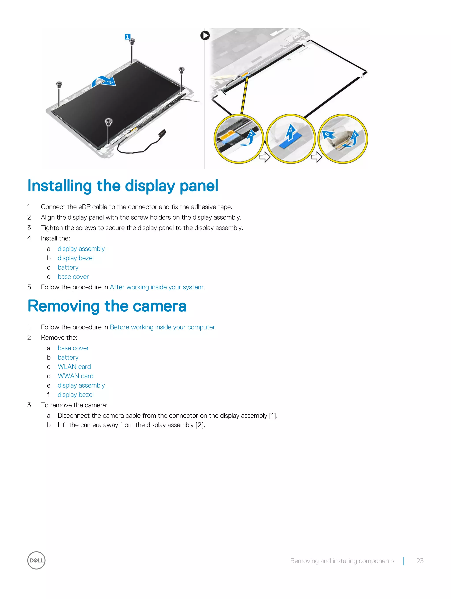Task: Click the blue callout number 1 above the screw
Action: click(127, 37)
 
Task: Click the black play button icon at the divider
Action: click(205, 35)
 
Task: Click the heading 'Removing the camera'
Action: click(107, 306)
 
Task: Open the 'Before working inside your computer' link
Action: click(162, 327)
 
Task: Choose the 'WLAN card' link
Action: click(74, 367)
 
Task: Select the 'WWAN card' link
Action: click(76, 376)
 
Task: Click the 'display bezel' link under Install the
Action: click(76, 258)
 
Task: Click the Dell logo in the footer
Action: click(36, 560)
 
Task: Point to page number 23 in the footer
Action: click(420, 560)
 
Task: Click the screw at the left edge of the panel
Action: click(59, 84)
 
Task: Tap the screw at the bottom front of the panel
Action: click(108, 122)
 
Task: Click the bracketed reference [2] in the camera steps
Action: click(200, 425)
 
